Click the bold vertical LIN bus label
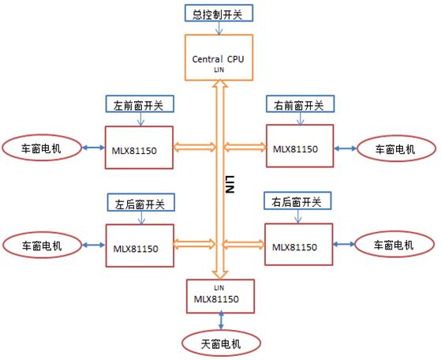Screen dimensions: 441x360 click(x=230, y=184)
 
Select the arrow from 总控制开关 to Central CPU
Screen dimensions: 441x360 click(x=219, y=28)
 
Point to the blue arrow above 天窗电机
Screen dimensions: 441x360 click(x=221, y=320)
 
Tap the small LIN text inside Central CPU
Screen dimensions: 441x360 click(x=219, y=69)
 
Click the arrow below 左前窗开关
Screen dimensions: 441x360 click(x=140, y=119)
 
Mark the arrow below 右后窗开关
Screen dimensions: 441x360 click(x=298, y=216)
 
